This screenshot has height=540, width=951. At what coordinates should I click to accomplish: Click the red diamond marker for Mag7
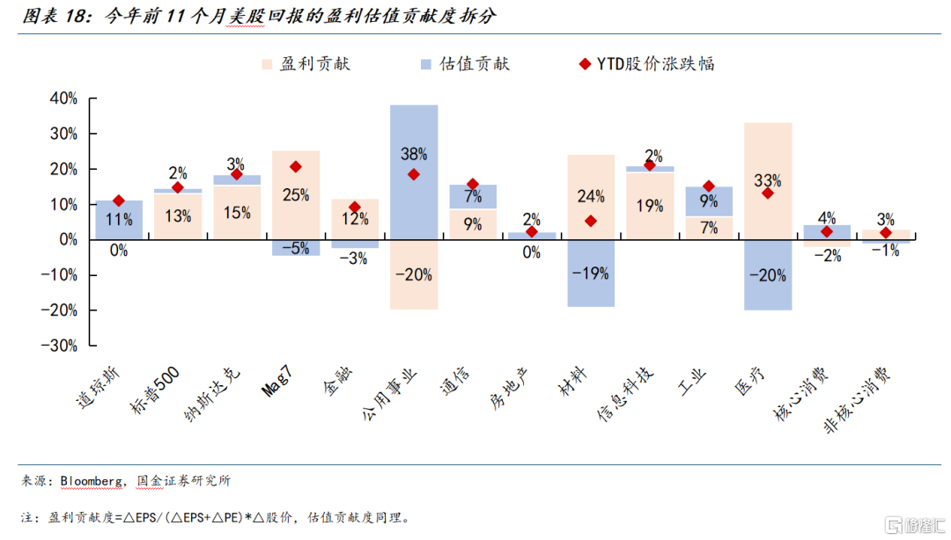tap(296, 167)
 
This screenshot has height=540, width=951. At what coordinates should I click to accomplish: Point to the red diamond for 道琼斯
tap(119, 201)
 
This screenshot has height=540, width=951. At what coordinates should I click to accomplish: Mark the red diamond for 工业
tap(709, 186)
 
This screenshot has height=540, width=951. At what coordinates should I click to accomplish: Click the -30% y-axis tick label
tap(58, 346)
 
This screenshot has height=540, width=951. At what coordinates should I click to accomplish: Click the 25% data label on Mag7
tap(296, 196)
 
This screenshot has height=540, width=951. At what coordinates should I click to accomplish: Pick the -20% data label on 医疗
tap(768, 275)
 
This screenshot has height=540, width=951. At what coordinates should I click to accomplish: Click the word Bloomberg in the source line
tap(91, 481)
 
